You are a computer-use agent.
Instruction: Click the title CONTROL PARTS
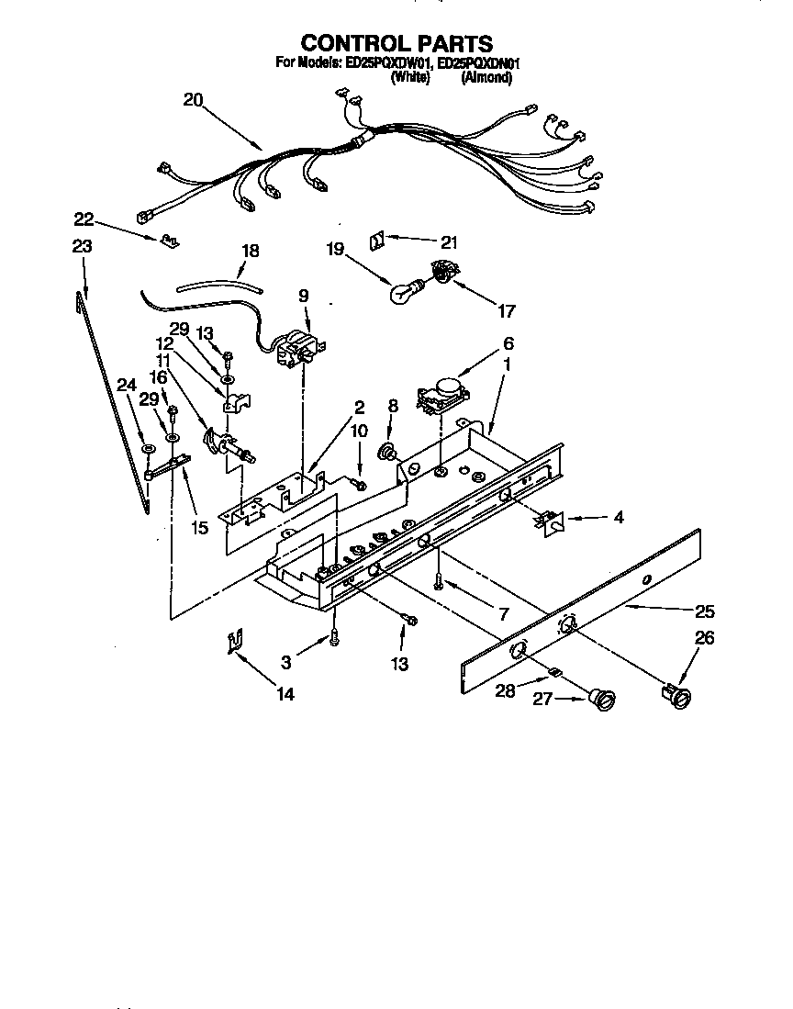pos(396,43)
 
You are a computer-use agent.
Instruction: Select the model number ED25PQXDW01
pos(388,64)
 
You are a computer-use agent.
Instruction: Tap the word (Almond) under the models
pos(486,78)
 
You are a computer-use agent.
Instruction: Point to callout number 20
pos(193,102)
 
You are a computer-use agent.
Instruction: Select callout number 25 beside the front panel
pos(704,611)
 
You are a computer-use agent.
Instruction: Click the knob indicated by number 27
pos(604,701)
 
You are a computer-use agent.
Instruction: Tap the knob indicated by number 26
pos(679,695)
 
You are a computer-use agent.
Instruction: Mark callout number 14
pos(285,695)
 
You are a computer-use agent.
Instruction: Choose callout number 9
pos(303,297)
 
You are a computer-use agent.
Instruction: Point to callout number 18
pos(250,251)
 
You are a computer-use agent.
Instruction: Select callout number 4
pos(618,518)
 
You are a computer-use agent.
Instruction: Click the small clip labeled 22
pos(166,241)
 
